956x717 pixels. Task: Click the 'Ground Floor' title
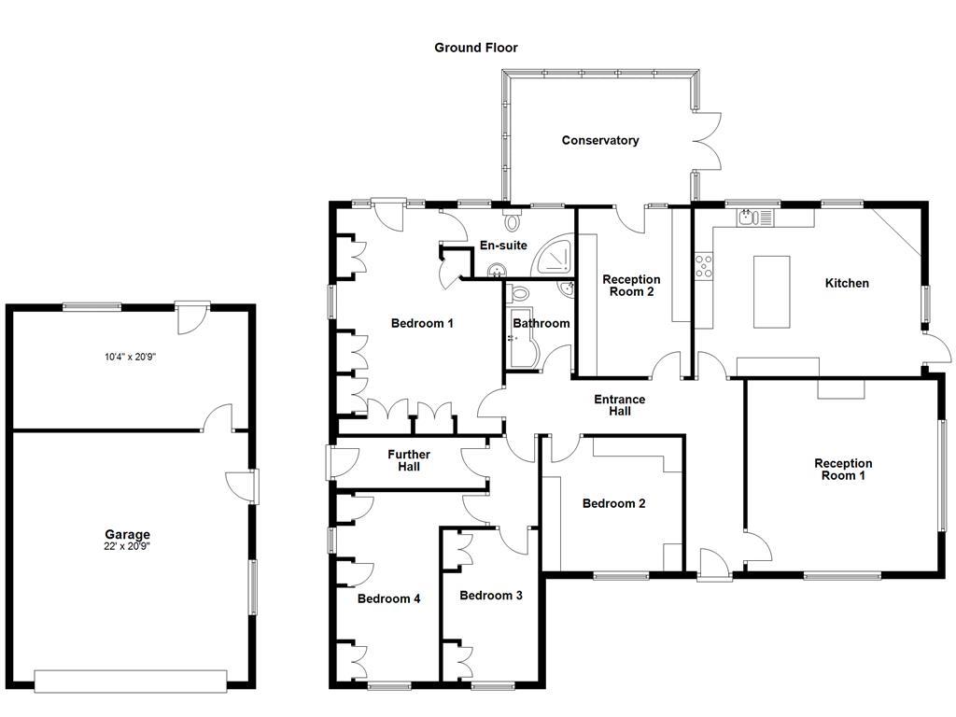tap(475, 48)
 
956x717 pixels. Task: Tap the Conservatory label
tap(600, 141)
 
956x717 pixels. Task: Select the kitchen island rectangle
tap(771, 291)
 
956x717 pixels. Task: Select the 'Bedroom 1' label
tap(422, 324)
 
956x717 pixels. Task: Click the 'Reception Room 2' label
tap(631, 286)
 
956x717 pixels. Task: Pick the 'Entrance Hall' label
tap(620, 405)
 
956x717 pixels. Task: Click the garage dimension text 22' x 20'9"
tap(128, 547)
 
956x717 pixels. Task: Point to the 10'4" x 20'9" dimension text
tap(128, 357)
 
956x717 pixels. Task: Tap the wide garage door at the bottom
tap(131, 681)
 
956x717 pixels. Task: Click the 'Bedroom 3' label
tap(491, 596)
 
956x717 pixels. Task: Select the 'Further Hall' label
tap(409, 460)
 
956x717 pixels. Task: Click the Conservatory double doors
tap(707, 142)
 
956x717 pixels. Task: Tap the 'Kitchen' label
tap(847, 284)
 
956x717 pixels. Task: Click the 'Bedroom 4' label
tap(389, 599)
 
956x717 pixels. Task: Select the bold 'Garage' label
tap(128, 535)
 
